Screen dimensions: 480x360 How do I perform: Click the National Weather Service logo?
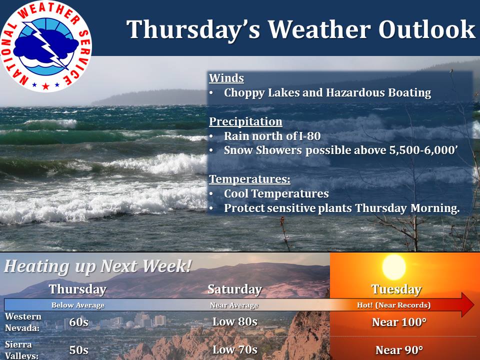(x=46, y=46)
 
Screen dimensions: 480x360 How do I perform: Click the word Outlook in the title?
(x=426, y=29)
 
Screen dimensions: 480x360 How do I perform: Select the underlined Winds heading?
(x=226, y=78)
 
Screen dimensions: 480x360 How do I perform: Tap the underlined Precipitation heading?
(x=245, y=121)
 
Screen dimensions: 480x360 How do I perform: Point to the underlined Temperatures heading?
(x=250, y=179)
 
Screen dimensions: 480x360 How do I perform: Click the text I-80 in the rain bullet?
(x=309, y=136)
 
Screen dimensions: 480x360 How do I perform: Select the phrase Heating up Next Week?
(x=98, y=265)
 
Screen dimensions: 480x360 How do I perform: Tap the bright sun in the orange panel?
(x=394, y=267)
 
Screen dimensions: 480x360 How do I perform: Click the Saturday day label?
(x=235, y=289)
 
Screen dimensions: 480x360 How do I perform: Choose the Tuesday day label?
(x=396, y=289)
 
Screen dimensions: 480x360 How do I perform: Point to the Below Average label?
(x=78, y=305)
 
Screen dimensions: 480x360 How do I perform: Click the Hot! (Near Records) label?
(x=393, y=305)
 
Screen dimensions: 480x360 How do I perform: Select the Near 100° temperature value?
(x=399, y=322)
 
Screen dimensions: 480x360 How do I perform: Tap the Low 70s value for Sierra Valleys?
(x=235, y=349)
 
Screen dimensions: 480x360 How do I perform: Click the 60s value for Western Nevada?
(x=78, y=322)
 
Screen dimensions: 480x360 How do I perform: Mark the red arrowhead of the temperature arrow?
(x=467, y=305)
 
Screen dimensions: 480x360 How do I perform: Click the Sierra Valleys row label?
(x=21, y=350)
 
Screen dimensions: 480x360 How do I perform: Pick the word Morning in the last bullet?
(x=435, y=208)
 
